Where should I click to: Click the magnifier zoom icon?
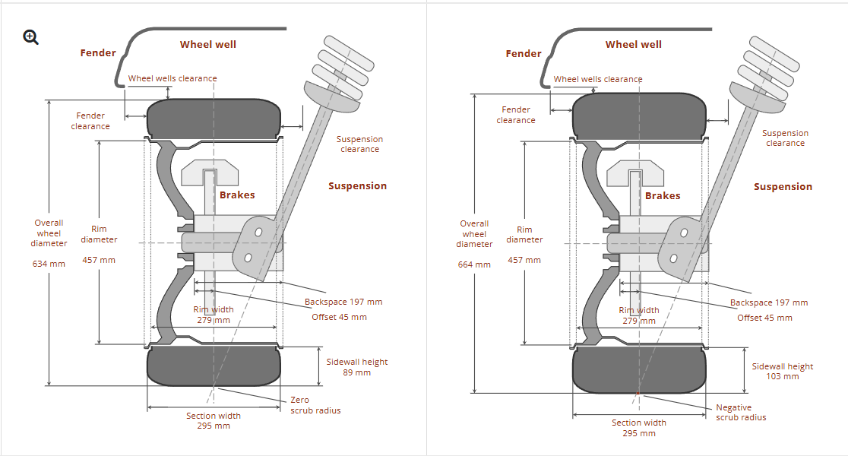pos(31,36)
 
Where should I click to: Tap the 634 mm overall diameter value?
pos(49,264)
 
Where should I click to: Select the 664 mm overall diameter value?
pos(474,264)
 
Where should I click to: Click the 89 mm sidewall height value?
pos(357,372)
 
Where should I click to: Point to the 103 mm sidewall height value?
pos(783,376)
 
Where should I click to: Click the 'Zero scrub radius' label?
pos(315,405)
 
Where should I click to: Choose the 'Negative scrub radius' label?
pos(741,413)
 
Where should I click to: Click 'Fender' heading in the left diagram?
pos(98,53)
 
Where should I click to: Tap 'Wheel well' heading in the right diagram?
pos(633,45)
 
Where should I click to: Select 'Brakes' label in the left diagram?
pos(237,195)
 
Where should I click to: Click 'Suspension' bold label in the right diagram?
pos(783,186)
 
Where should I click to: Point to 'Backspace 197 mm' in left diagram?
pos(343,302)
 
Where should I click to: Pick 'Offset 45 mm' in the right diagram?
pos(764,318)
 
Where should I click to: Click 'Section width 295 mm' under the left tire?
pos(214,420)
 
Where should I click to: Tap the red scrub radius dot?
pos(638,394)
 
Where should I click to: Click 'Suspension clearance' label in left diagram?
pos(359,144)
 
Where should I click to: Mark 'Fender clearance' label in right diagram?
pos(516,115)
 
